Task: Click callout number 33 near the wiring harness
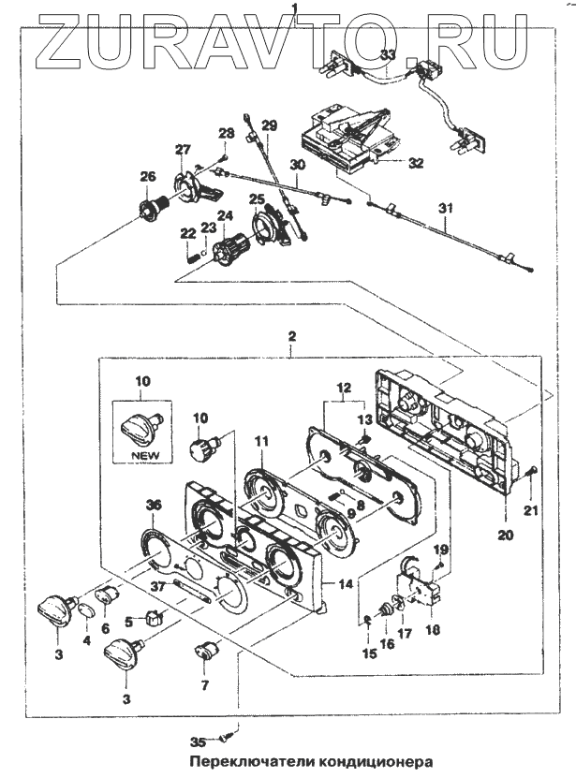click(390, 55)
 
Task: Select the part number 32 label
click(416, 162)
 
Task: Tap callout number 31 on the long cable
click(446, 208)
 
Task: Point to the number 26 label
click(147, 177)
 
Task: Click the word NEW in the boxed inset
click(146, 454)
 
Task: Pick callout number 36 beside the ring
click(154, 506)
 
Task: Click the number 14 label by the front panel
click(346, 584)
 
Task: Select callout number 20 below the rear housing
click(506, 536)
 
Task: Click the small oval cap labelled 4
click(86, 610)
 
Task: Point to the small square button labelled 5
click(155, 618)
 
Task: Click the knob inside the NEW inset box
click(140, 426)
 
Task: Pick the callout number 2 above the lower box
click(292, 336)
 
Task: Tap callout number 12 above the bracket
click(345, 387)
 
